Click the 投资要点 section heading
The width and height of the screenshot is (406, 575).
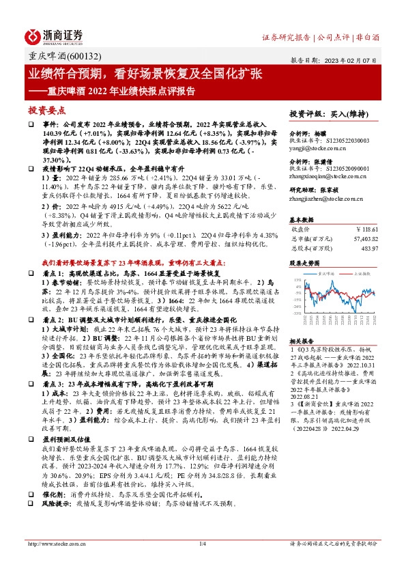(x=47, y=109)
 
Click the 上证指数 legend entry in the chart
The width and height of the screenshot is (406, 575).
(x=361, y=272)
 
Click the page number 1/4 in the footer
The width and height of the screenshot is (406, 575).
(x=202, y=563)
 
